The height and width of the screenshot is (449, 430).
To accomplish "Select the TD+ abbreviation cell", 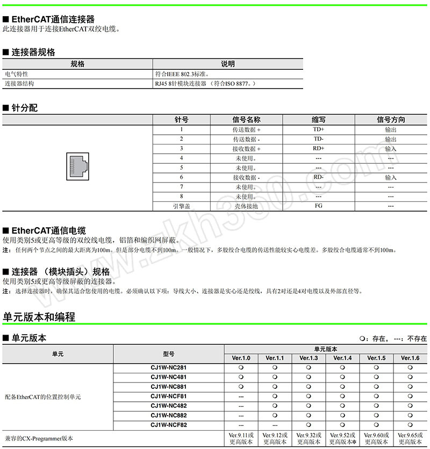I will coord(319,129).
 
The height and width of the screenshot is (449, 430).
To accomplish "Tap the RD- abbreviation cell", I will coord(319,177).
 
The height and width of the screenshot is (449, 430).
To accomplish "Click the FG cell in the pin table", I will coord(319,206).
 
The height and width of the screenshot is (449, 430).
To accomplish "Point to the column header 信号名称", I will coord(246,120).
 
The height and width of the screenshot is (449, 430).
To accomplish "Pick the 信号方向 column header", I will coord(391,120).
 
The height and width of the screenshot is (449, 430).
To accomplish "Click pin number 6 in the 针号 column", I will coord(182,177).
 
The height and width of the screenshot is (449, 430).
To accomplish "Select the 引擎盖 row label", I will coord(182,206).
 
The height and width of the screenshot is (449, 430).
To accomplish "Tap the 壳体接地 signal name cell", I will coord(246,206).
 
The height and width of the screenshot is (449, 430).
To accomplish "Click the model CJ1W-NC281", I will coord(169,367).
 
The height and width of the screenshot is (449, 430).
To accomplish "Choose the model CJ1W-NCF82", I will coord(169,425).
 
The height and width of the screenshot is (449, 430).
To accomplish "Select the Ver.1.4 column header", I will coord(342,358).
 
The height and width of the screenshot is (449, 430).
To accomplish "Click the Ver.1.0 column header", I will coord(241,358).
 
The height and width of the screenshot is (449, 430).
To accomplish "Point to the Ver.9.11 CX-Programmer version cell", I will coord(241,438).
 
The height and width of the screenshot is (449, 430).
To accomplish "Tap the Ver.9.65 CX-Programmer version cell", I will coord(410,438).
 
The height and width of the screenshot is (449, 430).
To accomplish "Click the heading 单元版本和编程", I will coord(39,317).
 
